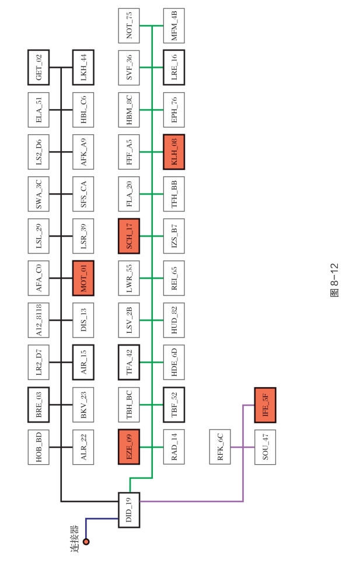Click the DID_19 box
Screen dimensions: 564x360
129,510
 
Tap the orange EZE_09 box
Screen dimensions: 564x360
129,447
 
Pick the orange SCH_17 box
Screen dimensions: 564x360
129,236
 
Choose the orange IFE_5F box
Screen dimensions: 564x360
264,404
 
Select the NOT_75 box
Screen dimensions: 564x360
129,25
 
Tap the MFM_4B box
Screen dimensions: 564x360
174,25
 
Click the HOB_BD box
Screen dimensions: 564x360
39,447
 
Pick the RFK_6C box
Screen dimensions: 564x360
220,447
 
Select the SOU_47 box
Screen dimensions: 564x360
264,447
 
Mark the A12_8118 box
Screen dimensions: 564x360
39,320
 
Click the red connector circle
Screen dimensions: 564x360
86,541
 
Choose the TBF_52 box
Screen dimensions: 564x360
174,404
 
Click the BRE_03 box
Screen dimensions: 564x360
39,404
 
